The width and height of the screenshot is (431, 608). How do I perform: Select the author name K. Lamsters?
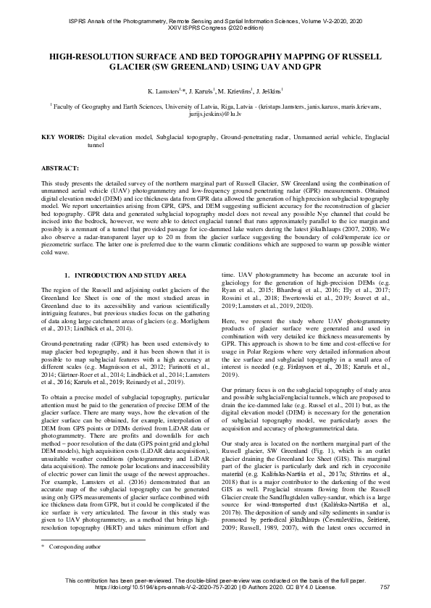[x=166, y=92]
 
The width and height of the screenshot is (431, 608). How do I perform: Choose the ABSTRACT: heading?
[x=60, y=166]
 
